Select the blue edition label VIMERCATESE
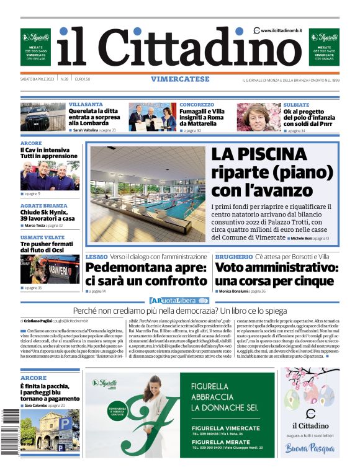tap(179, 79)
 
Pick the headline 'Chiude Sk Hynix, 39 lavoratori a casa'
tap(47, 215)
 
